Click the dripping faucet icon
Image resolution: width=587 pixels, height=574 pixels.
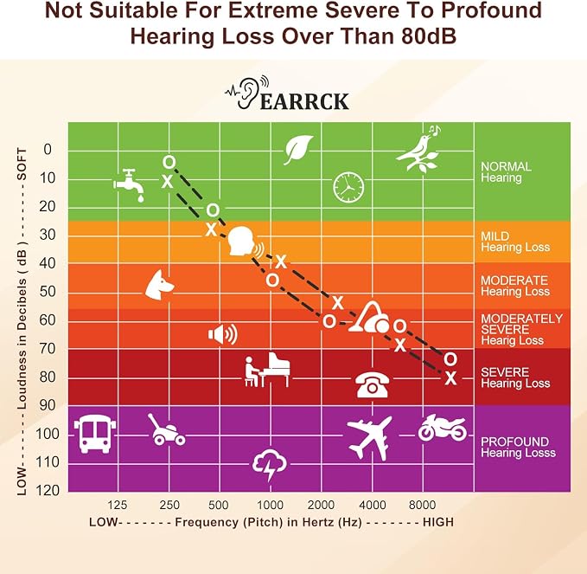tap(129, 184)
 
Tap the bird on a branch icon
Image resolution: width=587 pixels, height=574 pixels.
tap(418, 149)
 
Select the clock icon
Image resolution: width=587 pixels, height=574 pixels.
tap(348, 188)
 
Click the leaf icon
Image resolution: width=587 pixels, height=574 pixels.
tap(298, 150)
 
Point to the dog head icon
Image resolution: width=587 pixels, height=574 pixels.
tap(159, 286)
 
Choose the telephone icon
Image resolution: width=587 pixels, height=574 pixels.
tap(372, 384)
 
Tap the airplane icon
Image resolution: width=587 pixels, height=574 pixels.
tap(369, 438)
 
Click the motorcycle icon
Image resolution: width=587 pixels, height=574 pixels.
tap(443, 428)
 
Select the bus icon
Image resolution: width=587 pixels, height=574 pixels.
tap(95, 434)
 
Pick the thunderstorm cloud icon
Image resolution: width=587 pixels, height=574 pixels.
tap(270, 465)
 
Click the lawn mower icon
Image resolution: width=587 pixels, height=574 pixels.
tap(166, 429)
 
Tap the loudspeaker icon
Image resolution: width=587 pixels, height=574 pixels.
tap(223, 333)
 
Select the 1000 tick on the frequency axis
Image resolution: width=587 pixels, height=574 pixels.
tap(271, 505)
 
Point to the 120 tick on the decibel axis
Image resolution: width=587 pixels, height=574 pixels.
tap(48, 490)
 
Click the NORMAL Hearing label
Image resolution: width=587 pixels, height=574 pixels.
tap(506, 172)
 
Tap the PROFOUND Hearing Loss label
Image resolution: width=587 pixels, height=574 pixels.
tap(518, 448)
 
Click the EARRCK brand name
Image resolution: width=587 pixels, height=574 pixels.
tap(304, 101)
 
